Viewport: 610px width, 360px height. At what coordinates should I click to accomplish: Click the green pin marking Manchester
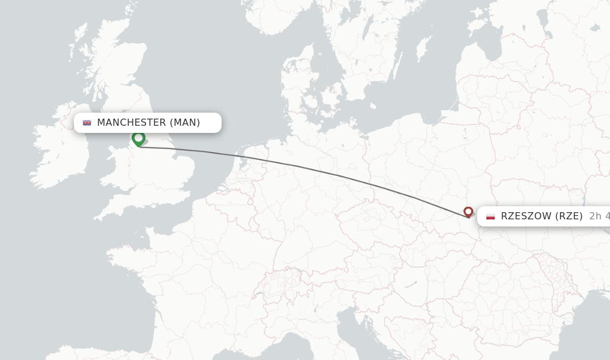(138, 139)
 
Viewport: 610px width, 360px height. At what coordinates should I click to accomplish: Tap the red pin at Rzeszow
(468, 212)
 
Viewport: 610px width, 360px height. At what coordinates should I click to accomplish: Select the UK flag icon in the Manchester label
(87, 123)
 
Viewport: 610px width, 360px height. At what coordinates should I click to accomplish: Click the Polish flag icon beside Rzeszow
(490, 216)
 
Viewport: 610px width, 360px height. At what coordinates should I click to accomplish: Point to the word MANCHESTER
(131, 123)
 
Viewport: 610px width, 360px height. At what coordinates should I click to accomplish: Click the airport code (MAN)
(185, 123)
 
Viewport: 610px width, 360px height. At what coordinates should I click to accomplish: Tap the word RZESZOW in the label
(526, 216)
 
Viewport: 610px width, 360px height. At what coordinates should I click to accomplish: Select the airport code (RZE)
(569, 216)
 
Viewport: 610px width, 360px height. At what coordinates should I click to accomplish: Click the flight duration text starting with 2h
(599, 216)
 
